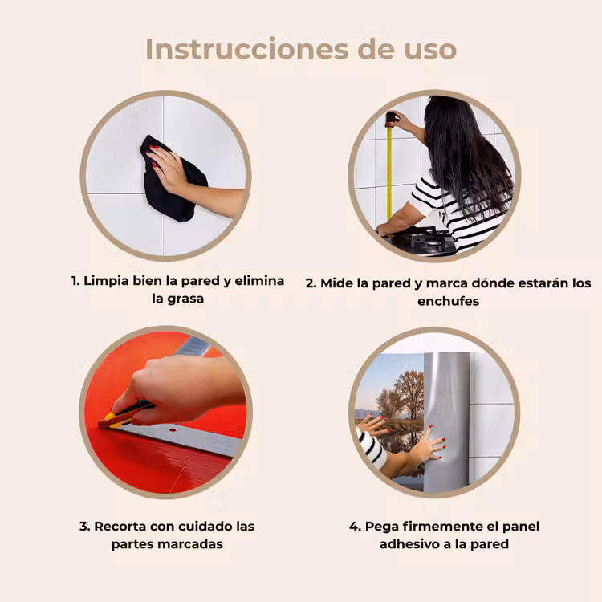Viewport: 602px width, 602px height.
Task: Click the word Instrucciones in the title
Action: pyautogui.click(x=247, y=49)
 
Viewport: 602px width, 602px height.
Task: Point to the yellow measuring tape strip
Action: pyautogui.click(x=389, y=173)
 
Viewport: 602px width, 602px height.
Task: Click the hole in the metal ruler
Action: pyautogui.click(x=173, y=430)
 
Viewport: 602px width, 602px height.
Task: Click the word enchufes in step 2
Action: pyautogui.click(x=449, y=301)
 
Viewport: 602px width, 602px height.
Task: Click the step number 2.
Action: pyautogui.click(x=310, y=283)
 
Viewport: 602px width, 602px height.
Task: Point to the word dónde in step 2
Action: pyautogui.click(x=493, y=283)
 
